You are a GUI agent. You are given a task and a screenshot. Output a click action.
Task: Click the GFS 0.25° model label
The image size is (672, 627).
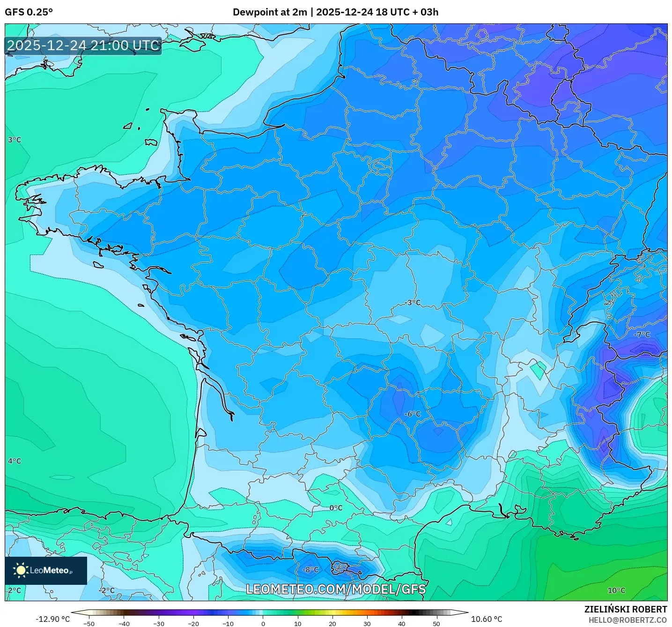click(x=29, y=12)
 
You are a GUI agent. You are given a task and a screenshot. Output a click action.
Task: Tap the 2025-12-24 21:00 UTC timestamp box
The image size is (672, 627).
click(x=83, y=45)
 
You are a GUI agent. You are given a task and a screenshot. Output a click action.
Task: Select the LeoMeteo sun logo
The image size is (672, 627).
click(x=21, y=570)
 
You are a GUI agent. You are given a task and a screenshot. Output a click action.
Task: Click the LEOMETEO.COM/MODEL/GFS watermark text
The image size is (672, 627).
click(x=336, y=589)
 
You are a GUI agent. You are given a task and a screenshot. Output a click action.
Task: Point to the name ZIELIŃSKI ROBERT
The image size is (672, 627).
click(x=625, y=609)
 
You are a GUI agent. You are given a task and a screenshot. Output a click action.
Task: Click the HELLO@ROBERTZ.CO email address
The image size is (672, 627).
click(x=628, y=620)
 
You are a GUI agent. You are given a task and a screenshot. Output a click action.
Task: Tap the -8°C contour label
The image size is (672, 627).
click(x=310, y=570)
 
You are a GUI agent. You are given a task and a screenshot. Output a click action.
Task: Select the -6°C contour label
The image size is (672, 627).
click(x=413, y=414)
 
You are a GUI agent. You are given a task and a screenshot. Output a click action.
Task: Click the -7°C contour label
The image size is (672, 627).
click(x=642, y=335)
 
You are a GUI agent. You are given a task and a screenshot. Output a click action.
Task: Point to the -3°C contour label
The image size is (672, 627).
click(x=413, y=303)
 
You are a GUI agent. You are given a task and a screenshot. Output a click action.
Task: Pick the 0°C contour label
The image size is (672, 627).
click(x=336, y=508)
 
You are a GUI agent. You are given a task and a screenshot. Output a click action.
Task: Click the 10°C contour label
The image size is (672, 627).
click(x=616, y=590)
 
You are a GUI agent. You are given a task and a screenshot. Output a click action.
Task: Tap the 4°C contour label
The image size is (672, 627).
click(x=15, y=461)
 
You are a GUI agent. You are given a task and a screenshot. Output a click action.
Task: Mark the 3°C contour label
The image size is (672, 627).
click(x=15, y=140)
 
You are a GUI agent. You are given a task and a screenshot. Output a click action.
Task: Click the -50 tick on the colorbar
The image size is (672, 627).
click(x=89, y=623)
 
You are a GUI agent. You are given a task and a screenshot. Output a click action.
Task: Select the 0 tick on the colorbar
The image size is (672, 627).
click(x=263, y=623)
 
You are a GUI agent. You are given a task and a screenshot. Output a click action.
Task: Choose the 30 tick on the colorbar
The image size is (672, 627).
click(x=367, y=623)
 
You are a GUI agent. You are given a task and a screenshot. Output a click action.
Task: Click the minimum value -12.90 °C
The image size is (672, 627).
click(x=52, y=619)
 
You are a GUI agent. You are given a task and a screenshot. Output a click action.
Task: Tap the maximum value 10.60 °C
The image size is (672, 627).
click(x=486, y=619)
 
